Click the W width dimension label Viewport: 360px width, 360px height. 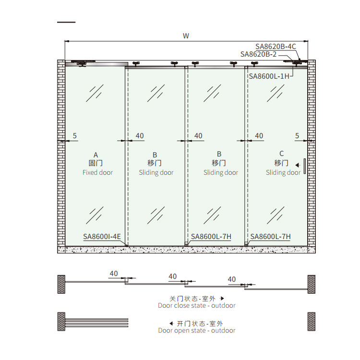click(x=186, y=36)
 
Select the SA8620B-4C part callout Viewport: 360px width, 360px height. click(x=276, y=47)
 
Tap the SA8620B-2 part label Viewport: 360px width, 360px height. click(x=258, y=54)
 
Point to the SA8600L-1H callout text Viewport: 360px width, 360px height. click(x=269, y=76)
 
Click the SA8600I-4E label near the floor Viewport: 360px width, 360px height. click(x=102, y=237)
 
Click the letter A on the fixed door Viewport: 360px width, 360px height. click(x=96, y=155)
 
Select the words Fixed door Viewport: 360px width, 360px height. click(x=97, y=172)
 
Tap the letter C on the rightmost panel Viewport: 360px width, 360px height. click(x=281, y=154)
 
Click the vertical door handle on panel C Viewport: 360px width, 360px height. click(x=305, y=166)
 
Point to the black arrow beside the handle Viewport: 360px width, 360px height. click(x=298, y=165)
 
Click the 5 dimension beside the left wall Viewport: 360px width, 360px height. click(x=74, y=136)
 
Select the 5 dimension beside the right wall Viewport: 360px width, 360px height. click(x=297, y=136)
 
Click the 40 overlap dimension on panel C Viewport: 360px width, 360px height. click(x=259, y=136)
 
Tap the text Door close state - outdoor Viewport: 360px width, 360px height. click(x=196, y=305)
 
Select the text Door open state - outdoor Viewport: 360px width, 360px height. click(x=196, y=330)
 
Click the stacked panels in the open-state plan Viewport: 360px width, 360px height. click(x=96, y=323)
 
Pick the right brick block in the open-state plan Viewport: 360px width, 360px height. click(x=312, y=322)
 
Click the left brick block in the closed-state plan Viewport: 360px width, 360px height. click(x=61, y=284)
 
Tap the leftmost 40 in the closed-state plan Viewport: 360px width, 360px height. click(x=114, y=274)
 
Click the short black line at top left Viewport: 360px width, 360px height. click(x=66, y=22)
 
